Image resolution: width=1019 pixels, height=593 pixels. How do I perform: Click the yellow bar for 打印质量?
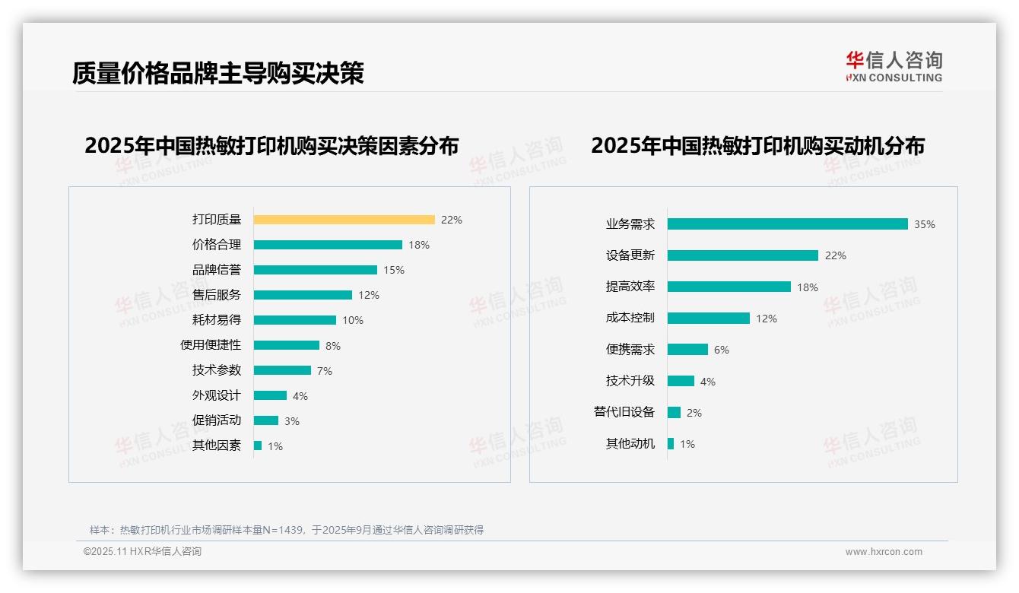344,220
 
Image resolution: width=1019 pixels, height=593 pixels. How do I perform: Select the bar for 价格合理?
328,245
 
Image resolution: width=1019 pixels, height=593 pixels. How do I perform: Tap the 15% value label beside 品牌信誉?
394,270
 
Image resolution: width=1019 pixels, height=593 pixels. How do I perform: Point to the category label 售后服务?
217,295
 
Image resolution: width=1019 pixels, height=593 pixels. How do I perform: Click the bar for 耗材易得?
294,320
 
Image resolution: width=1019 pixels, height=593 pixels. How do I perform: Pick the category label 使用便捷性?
211,345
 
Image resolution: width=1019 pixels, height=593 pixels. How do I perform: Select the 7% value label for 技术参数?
325,371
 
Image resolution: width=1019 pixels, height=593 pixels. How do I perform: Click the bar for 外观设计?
270,395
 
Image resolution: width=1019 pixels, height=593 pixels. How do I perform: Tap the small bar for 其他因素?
258,446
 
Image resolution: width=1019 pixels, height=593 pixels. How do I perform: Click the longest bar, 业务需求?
787,224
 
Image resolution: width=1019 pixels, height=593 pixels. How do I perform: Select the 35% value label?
925,225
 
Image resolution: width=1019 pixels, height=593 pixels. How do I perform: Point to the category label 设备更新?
630,255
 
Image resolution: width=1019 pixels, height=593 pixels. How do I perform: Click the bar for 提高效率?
729,287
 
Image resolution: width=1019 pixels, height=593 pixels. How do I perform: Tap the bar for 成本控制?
708,319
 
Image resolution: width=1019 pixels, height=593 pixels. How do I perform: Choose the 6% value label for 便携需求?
722,350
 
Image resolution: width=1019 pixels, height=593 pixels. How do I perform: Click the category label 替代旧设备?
624,412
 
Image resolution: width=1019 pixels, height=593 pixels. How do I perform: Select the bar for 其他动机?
671,444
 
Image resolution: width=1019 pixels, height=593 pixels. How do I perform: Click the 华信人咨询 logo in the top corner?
894,66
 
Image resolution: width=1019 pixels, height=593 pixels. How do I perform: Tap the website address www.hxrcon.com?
884,552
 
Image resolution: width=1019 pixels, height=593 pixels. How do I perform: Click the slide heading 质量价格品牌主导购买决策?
218,73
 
